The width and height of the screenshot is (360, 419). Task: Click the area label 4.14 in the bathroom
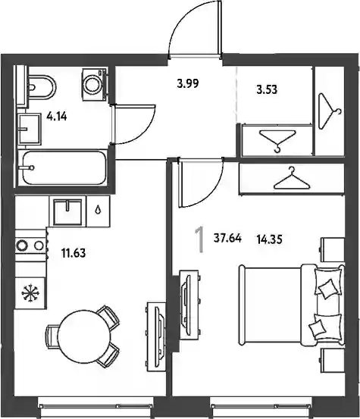click(56, 117)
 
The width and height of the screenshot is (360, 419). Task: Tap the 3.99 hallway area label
click(188, 83)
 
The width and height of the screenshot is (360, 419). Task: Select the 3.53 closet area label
click(267, 89)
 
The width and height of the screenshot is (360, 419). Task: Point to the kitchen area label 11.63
click(74, 253)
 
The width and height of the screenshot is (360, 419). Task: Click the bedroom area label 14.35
click(269, 239)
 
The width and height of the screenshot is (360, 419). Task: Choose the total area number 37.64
click(227, 238)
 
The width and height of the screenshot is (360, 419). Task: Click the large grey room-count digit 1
click(199, 239)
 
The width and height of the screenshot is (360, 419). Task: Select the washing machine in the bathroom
click(94, 85)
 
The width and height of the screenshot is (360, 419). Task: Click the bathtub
click(64, 167)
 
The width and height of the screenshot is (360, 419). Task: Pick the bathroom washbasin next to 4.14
click(30, 129)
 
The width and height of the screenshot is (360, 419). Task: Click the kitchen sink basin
click(67, 211)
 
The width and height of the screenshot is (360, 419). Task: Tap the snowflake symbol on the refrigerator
click(30, 293)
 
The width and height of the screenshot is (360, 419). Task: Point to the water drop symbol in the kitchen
click(99, 210)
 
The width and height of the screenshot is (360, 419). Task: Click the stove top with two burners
click(30, 245)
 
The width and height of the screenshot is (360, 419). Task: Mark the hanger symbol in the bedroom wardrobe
click(292, 179)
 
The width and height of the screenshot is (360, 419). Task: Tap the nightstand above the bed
click(333, 249)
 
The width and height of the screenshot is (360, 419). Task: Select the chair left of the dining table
click(53, 336)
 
